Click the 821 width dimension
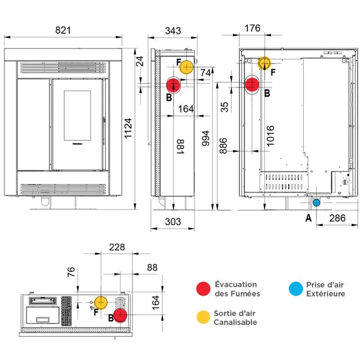tap(63, 30)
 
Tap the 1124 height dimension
tap(128, 128)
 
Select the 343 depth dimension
tap(173, 30)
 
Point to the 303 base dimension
tap(173, 222)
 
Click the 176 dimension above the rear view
tap(252, 28)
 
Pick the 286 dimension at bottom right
tap(337, 218)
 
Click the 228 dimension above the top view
tap(117, 247)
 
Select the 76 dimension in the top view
tap(71, 272)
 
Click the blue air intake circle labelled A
tap(316, 203)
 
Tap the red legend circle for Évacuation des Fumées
tap(203, 289)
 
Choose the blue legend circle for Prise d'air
tap(296, 289)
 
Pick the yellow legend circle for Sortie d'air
tap(203, 317)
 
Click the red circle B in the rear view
tap(252, 85)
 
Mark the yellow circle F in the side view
tap(186, 67)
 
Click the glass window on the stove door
tap(77, 116)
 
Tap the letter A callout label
tap(308, 218)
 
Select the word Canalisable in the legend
tap(235, 322)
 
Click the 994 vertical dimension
tap(205, 139)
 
